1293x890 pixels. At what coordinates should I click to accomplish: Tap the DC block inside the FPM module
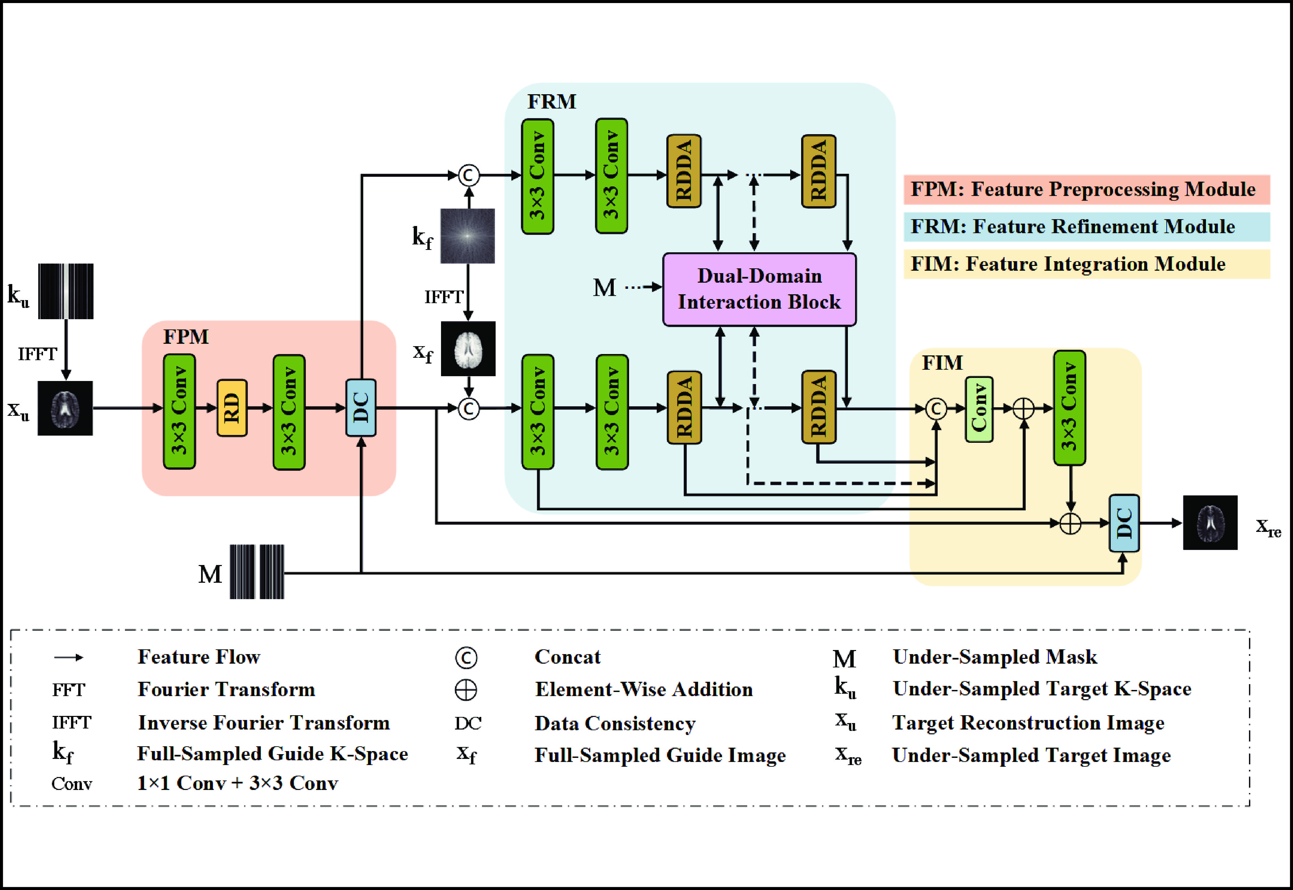[361, 408]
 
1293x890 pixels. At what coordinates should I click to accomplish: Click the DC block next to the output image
[1123, 523]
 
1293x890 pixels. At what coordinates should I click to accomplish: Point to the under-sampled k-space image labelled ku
[66, 291]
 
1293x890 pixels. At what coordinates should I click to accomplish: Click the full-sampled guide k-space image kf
[467, 236]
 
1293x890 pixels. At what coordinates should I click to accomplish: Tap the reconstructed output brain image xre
[1210, 523]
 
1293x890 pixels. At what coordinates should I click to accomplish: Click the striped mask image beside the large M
[257, 571]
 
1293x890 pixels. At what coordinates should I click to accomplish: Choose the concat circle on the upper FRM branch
[468, 175]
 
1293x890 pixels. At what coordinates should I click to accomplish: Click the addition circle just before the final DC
[1070, 523]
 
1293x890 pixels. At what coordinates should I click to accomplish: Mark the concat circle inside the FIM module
[936, 409]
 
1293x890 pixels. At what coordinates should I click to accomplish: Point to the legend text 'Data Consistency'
[615, 723]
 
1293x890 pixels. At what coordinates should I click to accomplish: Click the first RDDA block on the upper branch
[684, 171]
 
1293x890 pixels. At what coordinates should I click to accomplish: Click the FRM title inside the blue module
[551, 101]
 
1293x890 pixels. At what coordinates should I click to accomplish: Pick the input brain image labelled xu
[65, 408]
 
